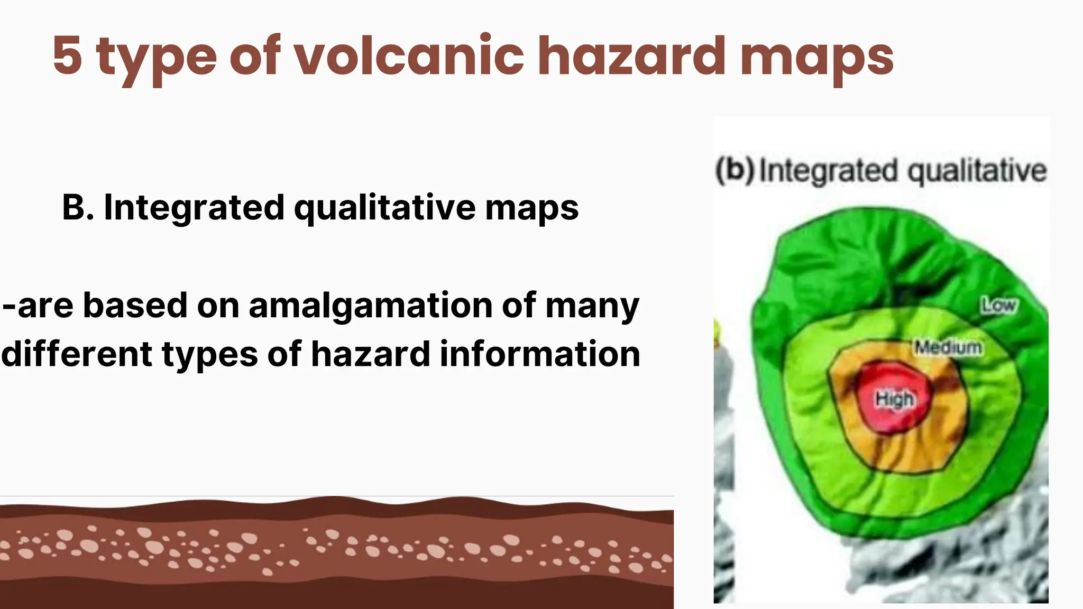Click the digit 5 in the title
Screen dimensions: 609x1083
tap(68, 56)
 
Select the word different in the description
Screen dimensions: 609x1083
tap(77, 354)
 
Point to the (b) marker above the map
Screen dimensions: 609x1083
tap(735, 170)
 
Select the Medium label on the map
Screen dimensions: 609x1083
tap(948, 347)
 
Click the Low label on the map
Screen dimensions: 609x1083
tap(998, 305)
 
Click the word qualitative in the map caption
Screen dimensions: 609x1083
tap(977, 171)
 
